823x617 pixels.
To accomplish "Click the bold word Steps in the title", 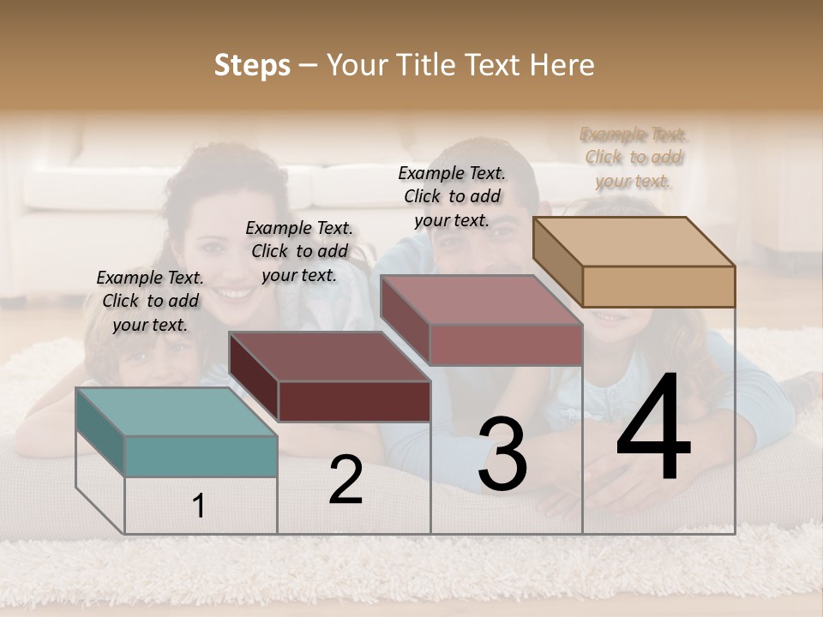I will pos(252,65).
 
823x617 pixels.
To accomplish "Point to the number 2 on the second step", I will pos(345,480).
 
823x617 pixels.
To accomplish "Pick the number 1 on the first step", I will pos(199,506).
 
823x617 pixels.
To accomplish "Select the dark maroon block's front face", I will pos(354,401).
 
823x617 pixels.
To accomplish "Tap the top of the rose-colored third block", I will pos(480,300).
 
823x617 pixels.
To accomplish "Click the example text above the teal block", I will pos(150,301).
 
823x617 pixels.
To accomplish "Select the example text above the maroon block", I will pos(299,251).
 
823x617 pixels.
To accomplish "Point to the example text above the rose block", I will pos(452,196).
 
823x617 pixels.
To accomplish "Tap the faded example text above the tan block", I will pos(634,157).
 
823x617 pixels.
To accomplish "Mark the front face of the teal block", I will pos(201,456).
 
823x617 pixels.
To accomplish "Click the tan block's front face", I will pos(658,286).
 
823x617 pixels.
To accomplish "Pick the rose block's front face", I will pos(506,344).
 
